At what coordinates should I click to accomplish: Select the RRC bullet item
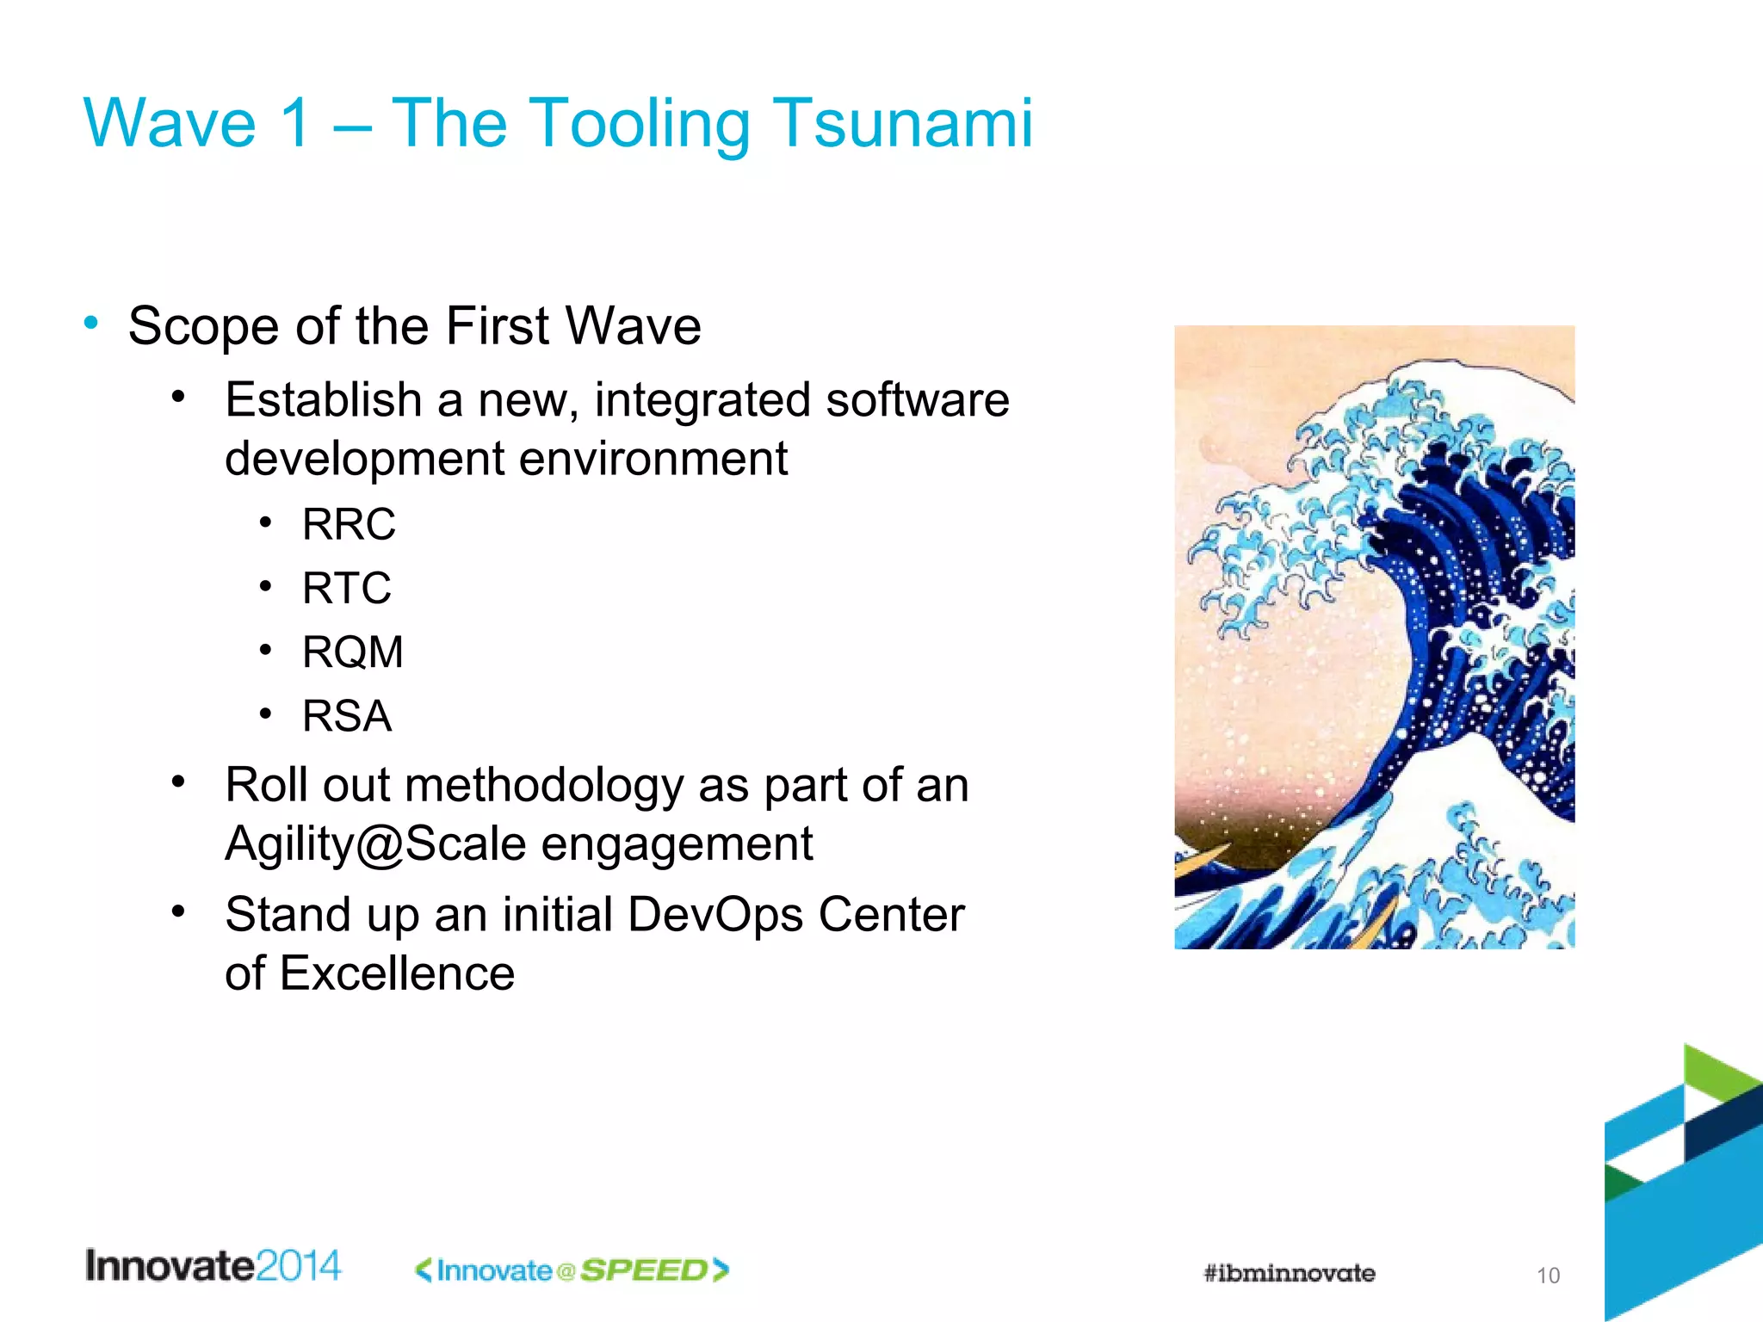pos(349,524)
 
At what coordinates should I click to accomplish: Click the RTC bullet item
pos(346,589)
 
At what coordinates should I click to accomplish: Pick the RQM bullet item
pos(352,652)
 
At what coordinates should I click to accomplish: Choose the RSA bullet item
pos(346,716)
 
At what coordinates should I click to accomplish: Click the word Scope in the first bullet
pos(203,327)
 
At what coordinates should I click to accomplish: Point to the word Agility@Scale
pos(375,843)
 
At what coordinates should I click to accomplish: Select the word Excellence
pos(397,973)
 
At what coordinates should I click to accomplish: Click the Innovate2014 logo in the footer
pos(213,1266)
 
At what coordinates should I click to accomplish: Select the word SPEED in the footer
pos(643,1270)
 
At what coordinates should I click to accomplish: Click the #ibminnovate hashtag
pos(1289,1273)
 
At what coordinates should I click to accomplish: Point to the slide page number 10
pos(1548,1276)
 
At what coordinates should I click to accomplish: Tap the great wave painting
pos(1374,637)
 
